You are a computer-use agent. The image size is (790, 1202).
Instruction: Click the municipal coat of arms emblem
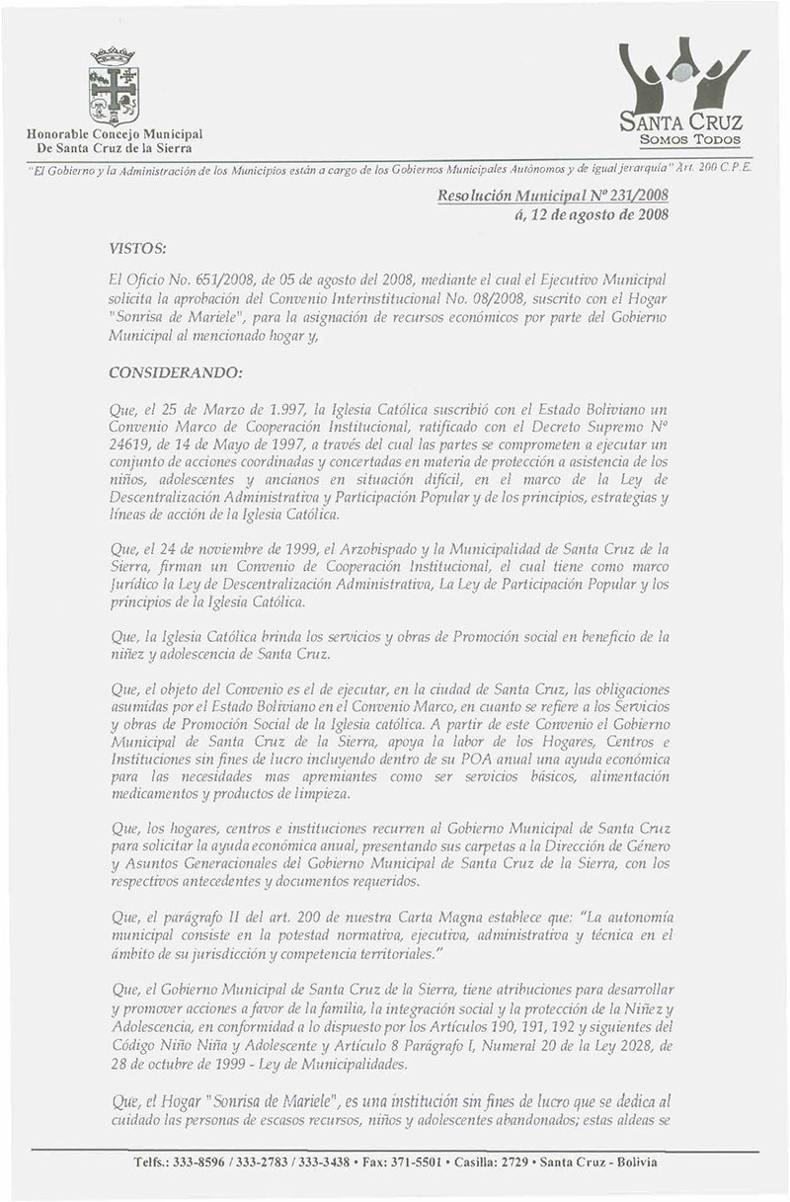pyautogui.click(x=112, y=88)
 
